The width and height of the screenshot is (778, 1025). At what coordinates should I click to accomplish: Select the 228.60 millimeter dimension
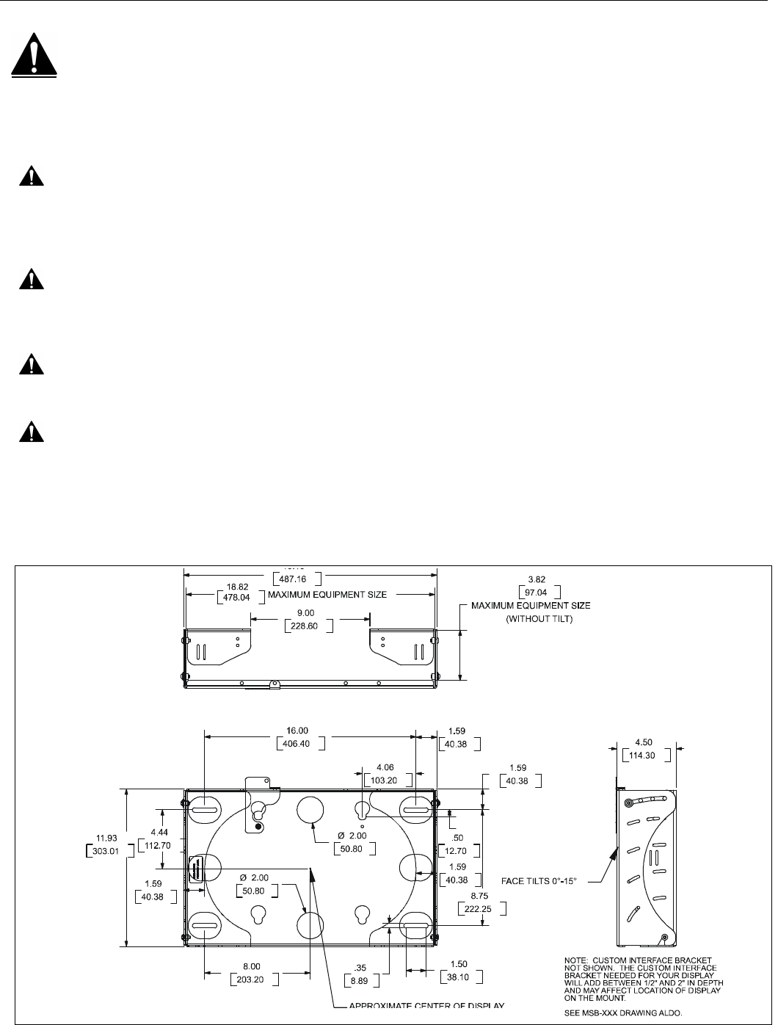[308, 626]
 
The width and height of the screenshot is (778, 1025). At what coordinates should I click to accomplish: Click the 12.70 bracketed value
[462, 850]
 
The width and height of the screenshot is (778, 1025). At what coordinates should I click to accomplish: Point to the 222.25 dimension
[479, 909]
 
